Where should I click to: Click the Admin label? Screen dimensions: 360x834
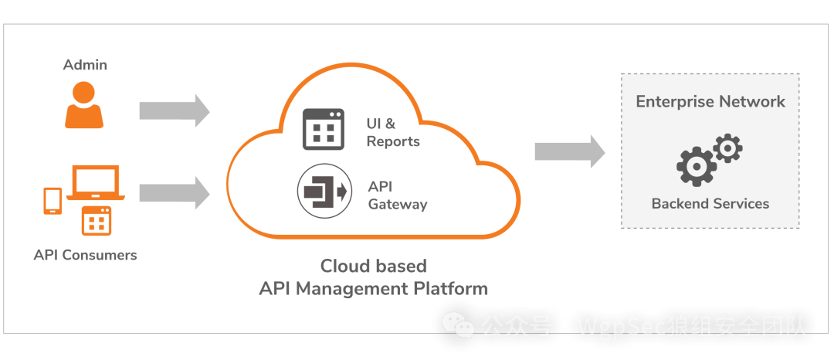point(85,65)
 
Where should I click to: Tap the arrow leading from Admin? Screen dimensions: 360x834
point(174,110)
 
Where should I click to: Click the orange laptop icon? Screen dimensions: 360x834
point(96,183)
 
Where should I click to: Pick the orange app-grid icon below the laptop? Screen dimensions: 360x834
point(97,221)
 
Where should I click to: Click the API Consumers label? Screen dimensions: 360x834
point(85,254)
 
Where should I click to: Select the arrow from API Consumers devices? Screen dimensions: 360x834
point(174,192)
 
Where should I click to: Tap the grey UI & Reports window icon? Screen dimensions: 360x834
point(323,129)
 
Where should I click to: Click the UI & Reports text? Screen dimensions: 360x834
point(392,132)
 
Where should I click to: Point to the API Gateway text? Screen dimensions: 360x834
point(397,196)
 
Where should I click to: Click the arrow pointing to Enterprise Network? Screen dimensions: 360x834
point(570,151)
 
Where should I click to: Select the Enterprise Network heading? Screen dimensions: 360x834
point(710,101)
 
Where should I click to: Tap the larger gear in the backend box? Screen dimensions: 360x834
point(694,165)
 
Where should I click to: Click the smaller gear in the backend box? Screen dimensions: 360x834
point(727,148)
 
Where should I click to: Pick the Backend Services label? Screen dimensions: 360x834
point(710,204)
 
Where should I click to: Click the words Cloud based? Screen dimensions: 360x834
point(374,267)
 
